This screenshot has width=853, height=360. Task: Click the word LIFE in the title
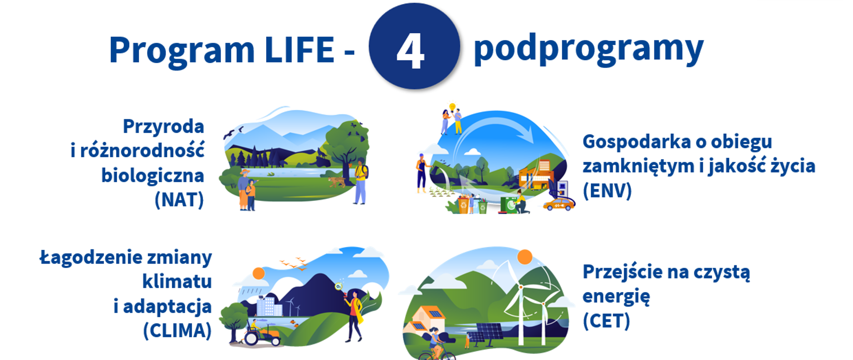(x=299, y=50)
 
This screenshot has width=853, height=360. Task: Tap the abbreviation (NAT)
(x=179, y=200)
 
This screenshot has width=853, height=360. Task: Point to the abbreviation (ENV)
(x=607, y=190)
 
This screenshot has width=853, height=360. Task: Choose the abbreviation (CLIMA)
(x=177, y=330)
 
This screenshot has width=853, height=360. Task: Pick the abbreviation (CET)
(x=606, y=320)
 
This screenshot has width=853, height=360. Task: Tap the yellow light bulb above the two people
(x=452, y=108)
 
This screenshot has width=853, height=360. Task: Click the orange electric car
(x=559, y=204)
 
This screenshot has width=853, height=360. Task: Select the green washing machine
(x=508, y=205)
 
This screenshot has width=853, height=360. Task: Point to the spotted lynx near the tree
(x=337, y=182)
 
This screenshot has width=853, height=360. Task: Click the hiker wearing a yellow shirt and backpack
(x=361, y=183)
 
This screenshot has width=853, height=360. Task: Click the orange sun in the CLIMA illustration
(x=259, y=273)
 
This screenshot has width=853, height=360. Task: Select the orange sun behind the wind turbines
(x=525, y=256)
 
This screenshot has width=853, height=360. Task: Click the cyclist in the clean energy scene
(x=435, y=345)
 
